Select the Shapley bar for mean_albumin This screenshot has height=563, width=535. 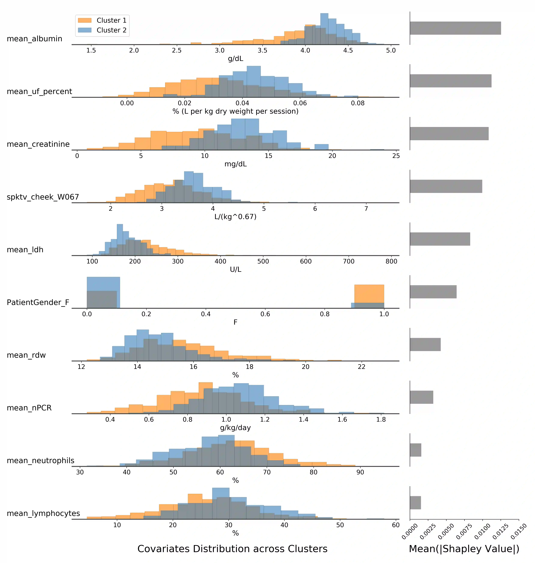(455, 28)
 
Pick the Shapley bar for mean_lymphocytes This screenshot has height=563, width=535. (415, 503)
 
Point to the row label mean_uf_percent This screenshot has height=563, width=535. (39, 92)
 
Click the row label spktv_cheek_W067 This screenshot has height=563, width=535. (43, 197)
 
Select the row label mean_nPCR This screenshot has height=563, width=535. (29, 408)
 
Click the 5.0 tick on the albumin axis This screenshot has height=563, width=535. (391, 50)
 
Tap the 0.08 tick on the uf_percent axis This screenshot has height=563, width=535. (358, 103)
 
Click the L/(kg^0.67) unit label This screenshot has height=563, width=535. (235, 217)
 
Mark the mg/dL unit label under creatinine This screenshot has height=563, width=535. (235, 164)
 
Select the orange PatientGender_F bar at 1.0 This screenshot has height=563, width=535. (369, 294)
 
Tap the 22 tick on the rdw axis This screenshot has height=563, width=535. (361, 367)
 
